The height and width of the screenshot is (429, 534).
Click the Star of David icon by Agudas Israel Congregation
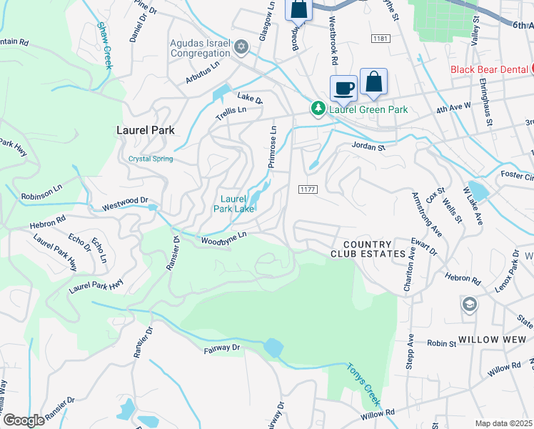(241, 47)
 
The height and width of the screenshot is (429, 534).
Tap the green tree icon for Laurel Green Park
(317, 109)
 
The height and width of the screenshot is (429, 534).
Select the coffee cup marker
(343, 88)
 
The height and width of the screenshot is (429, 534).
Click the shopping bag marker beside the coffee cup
(373, 82)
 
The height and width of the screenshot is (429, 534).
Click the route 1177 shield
(308, 188)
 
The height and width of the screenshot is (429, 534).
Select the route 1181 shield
(379, 37)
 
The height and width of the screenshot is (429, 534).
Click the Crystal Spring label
(151, 159)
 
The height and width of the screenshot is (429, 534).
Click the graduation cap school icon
(469, 305)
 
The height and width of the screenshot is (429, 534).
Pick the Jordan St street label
(368, 147)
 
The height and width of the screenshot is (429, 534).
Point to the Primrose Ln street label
(272, 147)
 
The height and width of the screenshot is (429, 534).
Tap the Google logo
(24, 420)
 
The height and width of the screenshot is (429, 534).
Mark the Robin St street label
(442, 344)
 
